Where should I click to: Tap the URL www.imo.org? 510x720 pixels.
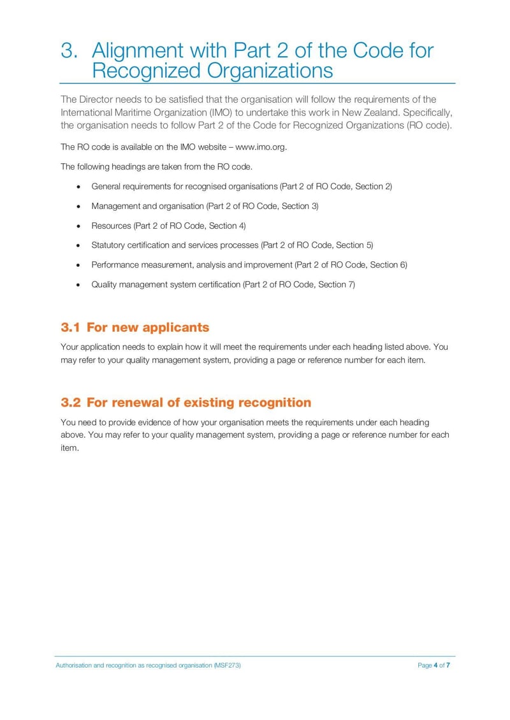pyautogui.click(x=261, y=147)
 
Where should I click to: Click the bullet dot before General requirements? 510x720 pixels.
pyautogui.click(x=78, y=187)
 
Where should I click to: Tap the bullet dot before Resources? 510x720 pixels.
pyautogui.click(x=78, y=226)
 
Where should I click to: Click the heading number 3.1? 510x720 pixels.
pyautogui.click(x=70, y=328)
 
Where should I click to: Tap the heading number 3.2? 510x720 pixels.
pyautogui.click(x=70, y=403)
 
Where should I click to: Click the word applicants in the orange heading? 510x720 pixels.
pyautogui.click(x=175, y=328)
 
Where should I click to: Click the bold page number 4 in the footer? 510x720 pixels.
pyautogui.click(x=435, y=665)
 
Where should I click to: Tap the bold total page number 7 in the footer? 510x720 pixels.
pyautogui.click(x=448, y=665)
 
